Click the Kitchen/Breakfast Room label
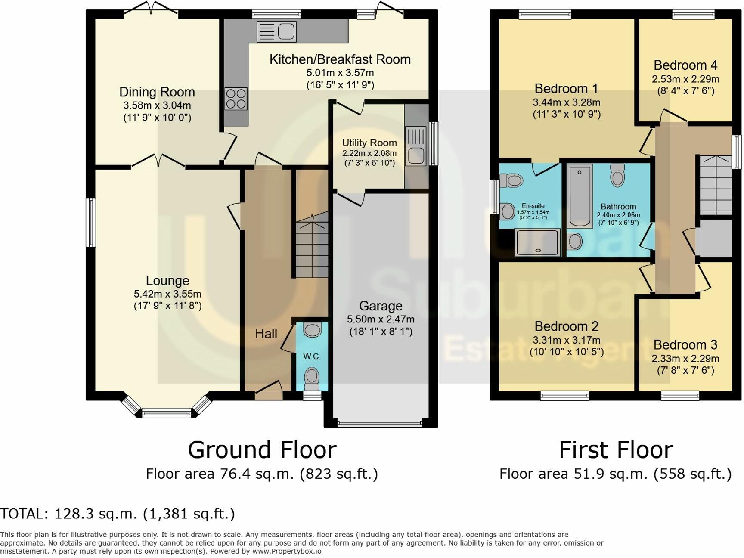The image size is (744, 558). pos(340,59)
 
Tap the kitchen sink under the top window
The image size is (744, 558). pos(276,31)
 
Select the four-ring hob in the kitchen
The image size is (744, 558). pos(236,99)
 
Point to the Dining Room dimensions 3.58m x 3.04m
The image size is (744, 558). pos(157,105)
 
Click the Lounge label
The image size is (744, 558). pos(167,281)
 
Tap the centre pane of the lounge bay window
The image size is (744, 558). pos(167,413)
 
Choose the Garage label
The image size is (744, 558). pos(381,306)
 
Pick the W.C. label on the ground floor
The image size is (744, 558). pos(312,356)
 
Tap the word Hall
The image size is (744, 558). pos(266,334)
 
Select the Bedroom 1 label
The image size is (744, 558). pos(566,89)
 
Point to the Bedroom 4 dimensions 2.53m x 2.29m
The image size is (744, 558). pos(685,79)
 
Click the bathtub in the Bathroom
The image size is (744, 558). pos(580,196)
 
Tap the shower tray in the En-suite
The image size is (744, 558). pos(538,242)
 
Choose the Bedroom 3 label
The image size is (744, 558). pos(685,345)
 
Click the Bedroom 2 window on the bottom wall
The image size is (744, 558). pos(565,395)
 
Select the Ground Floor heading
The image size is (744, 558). pos(262,450)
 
